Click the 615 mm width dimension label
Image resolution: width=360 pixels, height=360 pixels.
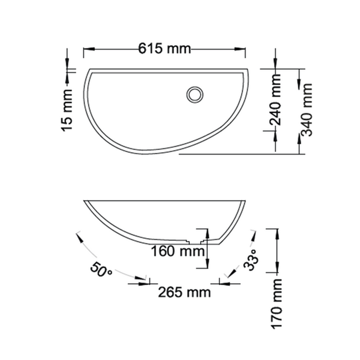164,49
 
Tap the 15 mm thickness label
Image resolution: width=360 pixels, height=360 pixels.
67,110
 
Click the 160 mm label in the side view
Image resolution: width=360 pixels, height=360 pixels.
178,251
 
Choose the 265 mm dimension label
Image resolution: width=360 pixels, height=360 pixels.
184,292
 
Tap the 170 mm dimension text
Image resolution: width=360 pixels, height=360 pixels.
277,304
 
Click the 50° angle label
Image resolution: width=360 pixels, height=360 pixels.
101,270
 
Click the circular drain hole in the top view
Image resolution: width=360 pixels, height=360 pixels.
195,95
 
